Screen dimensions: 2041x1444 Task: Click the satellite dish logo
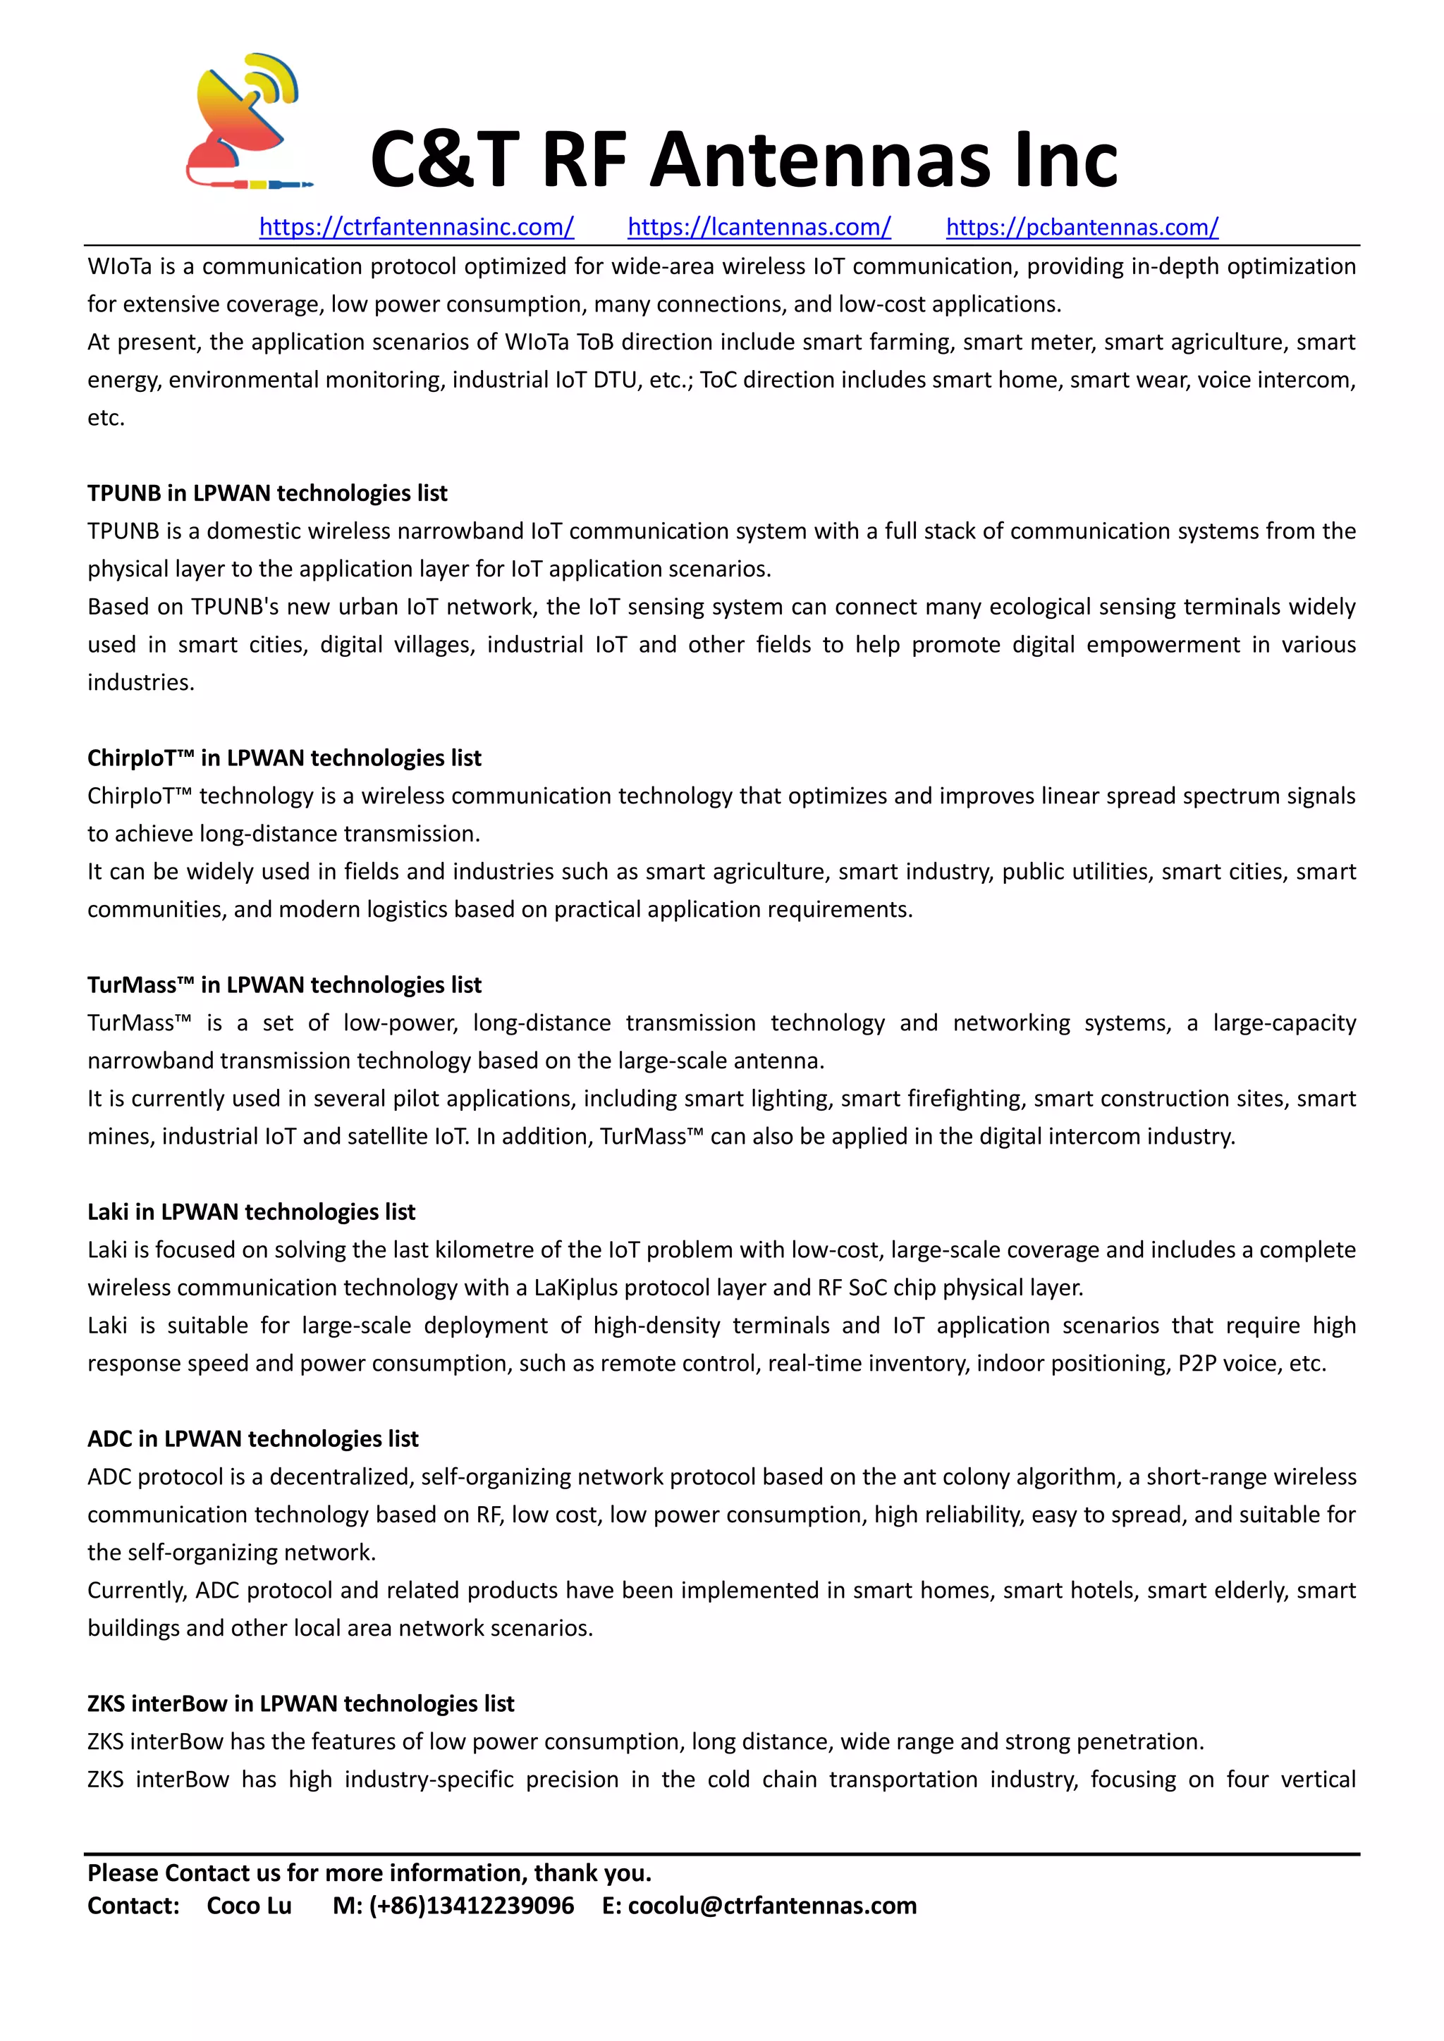coord(247,123)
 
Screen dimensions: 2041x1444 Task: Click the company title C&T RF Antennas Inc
coord(743,160)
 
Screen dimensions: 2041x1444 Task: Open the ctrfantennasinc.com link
coord(416,228)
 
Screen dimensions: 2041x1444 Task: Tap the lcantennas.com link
coord(759,228)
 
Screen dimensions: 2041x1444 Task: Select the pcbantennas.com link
coord(1081,228)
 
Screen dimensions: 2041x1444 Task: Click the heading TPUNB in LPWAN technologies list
coord(267,493)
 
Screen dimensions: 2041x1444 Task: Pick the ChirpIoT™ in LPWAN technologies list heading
coord(283,758)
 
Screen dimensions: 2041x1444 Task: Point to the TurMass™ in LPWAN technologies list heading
coord(283,985)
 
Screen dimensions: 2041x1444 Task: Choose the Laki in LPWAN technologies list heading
coord(251,1211)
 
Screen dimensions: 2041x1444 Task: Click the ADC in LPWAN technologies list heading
coord(252,1438)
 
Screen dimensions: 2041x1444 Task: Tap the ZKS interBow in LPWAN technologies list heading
coord(300,1703)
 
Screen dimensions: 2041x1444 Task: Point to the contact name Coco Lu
coord(249,1906)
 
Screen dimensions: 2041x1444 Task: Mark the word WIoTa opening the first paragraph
coord(120,266)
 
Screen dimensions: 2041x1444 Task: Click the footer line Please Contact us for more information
coord(369,1873)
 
